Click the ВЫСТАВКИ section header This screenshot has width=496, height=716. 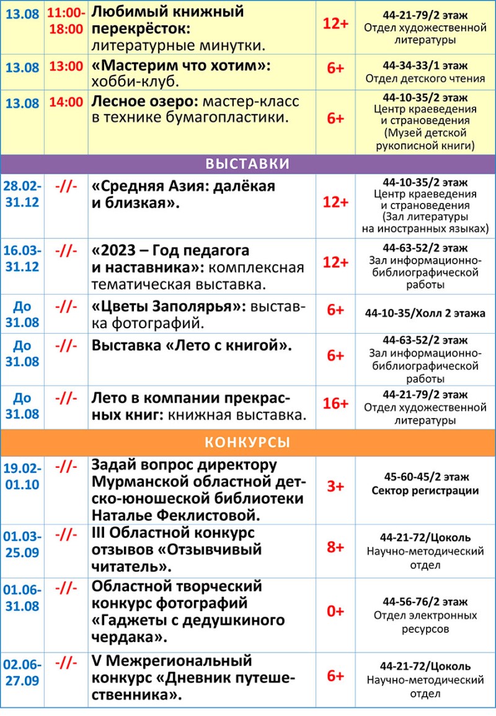(x=247, y=164)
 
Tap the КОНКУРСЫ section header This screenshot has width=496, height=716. (x=247, y=442)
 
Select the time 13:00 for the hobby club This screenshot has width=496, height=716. (x=66, y=67)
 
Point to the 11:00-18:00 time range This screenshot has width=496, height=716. (x=66, y=20)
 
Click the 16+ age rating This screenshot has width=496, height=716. (x=335, y=404)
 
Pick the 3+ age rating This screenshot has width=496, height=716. (x=335, y=486)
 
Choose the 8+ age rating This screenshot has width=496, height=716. (x=335, y=547)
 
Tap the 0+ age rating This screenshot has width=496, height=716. (x=335, y=611)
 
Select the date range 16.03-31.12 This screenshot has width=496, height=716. (x=22, y=259)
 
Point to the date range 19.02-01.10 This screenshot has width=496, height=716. (x=22, y=476)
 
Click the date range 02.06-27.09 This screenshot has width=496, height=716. (x=22, y=672)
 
